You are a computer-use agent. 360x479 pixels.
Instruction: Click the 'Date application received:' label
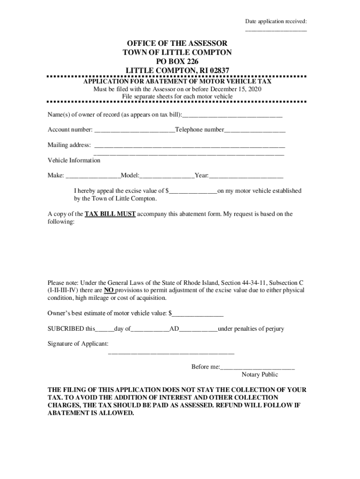coord(276,22)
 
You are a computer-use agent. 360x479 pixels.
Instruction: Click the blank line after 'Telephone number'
coord(255,130)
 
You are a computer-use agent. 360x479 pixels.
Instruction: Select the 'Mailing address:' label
coord(69,145)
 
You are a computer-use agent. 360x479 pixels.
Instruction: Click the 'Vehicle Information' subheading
coord(74,160)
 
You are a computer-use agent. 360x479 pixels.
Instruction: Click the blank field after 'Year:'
coord(246,176)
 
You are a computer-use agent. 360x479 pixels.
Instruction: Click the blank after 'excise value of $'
coord(193,191)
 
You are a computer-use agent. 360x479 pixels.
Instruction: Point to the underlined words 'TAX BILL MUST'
coord(110,214)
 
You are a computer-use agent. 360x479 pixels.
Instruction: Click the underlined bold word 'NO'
coord(109,290)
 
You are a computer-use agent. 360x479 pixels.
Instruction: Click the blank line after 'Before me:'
coord(258,367)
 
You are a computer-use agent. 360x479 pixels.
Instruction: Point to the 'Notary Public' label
coord(259,375)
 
